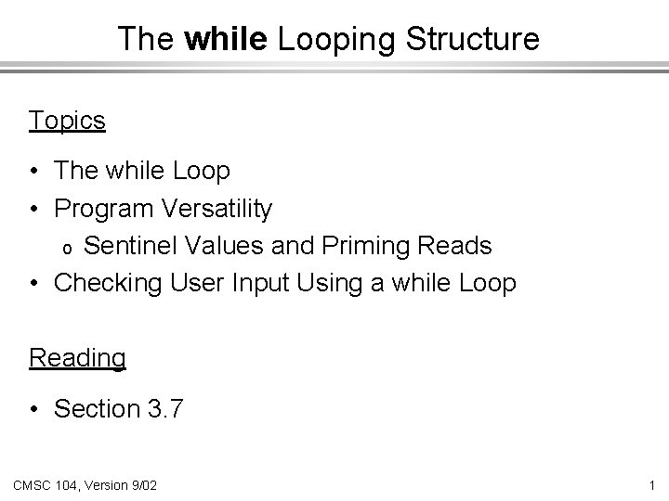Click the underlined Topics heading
tap(67, 121)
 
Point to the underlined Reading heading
tap(77, 357)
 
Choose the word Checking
tap(109, 283)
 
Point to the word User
tap(198, 283)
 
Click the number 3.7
tap(165, 408)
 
